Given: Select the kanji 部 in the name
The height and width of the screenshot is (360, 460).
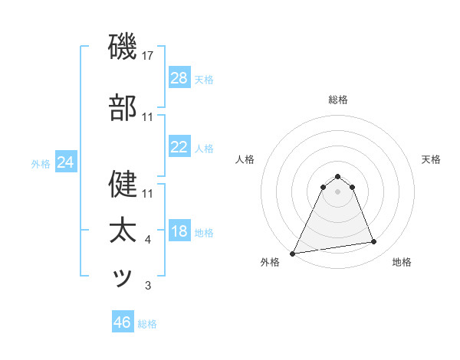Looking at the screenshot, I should pyautogui.click(x=123, y=110).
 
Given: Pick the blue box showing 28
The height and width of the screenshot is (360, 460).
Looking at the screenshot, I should pyautogui.click(x=179, y=78).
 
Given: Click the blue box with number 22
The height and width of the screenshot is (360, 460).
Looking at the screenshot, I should pyautogui.click(x=179, y=147).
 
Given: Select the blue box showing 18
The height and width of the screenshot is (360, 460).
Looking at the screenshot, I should pyautogui.click(x=179, y=231).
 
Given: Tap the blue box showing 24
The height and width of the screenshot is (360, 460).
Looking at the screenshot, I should pyautogui.click(x=66, y=162).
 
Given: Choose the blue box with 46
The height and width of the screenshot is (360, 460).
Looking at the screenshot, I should pyautogui.click(x=123, y=322).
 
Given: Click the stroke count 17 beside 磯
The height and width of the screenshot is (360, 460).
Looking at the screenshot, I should pyautogui.click(x=148, y=55).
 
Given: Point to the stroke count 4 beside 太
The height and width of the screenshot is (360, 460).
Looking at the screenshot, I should pyautogui.click(x=148, y=240).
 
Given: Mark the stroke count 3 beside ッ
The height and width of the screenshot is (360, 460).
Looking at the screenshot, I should pyautogui.click(x=148, y=286).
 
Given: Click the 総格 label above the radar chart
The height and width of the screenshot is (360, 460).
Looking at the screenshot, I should pyautogui.click(x=337, y=100).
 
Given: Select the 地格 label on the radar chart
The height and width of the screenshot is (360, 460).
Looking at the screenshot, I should pyautogui.click(x=402, y=262).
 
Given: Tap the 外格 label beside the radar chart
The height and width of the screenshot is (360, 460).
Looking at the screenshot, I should pyautogui.click(x=270, y=262).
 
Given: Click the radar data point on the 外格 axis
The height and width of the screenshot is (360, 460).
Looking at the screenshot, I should pyautogui.click(x=293, y=253).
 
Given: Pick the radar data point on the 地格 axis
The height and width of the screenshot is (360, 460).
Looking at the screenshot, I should pyautogui.click(x=374, y=242).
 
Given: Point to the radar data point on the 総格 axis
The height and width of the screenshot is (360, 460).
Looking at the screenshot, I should pyautogui.click(x=337, y=176).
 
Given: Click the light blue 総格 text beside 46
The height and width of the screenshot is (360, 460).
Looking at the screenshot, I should pyautogui.click(x=147, y=323).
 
